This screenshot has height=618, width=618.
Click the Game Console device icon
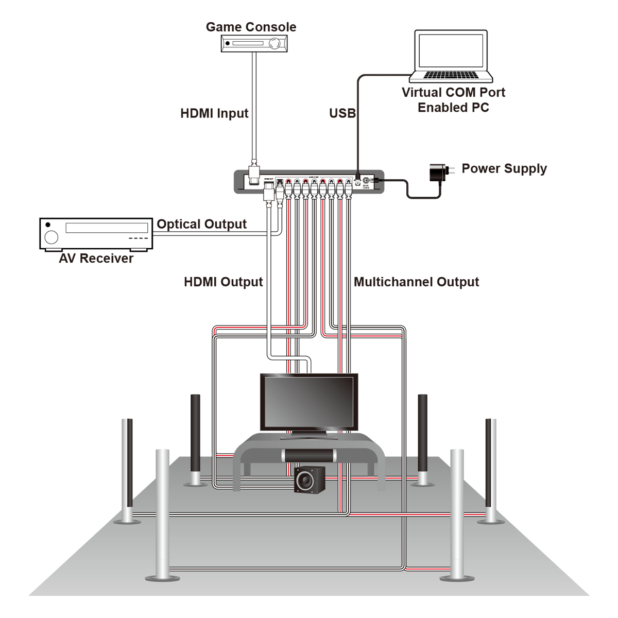pyautogui.click(x=254, y=44)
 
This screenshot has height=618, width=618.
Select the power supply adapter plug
pyautogui.click(x=439, y=173)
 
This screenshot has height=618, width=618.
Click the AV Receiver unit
pyautogui.click(x=96, y=234)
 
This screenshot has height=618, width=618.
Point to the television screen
pyautogui.click(x=308, y=401)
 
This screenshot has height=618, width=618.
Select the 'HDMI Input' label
pyautogui.click(x=214, y=113)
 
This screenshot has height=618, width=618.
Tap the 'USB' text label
pyautogui.click(x=342, y=113)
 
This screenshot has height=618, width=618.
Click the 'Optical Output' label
pyautogui.click(x=201, y=224)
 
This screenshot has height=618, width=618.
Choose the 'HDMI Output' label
pyautogui.click(x=223, y=282)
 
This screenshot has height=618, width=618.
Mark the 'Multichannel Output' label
pyautogui.click(x=416, y=282)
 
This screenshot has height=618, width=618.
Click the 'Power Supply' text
pyautogui.click(x=504, y=168)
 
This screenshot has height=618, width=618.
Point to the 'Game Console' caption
pyautogui.click(x=251, y=27)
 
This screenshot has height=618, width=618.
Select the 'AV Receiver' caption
pyautogui.click(x=96, y=259)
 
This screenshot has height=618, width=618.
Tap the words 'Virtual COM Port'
pyautogui.click(x=453, y=93)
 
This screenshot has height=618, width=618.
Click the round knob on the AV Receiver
pyautogui.click(x=51, y=237)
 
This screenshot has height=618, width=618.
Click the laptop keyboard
pyautogui.click(x=451, y=76)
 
